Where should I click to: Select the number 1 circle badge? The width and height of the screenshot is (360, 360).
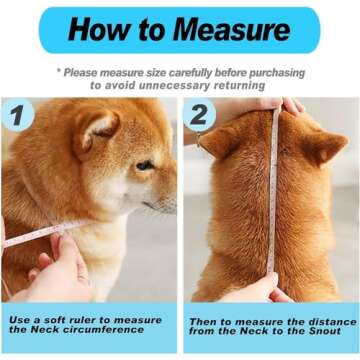pos(18,116)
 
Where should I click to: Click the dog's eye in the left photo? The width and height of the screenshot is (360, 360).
pos(145,165)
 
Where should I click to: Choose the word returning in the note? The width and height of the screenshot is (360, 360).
pos(237,85)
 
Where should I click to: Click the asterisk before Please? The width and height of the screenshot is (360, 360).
pos(60,72)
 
